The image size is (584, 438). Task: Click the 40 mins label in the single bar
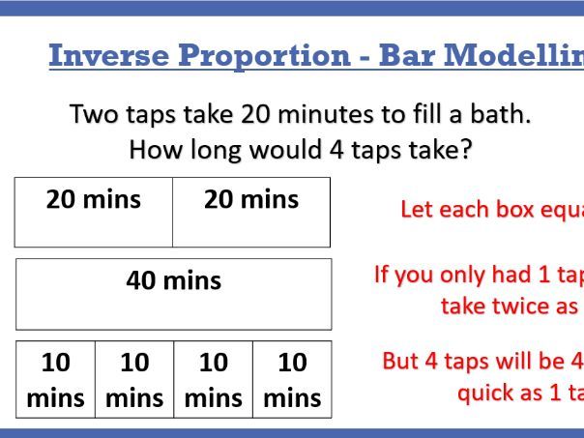click(174, 281)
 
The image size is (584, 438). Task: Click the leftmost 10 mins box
click(55, 379)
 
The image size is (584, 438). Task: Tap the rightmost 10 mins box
click(292, 379)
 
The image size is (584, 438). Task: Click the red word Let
click(418, 210)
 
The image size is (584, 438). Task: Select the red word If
click(383, 275)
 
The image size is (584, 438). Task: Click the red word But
click(401, 362)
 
